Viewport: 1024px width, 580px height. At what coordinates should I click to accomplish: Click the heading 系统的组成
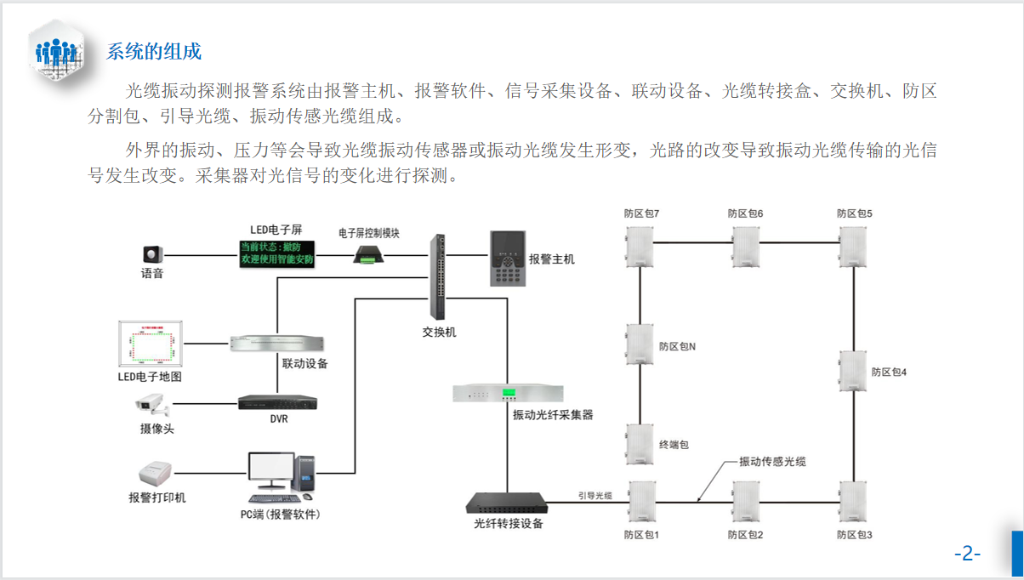[154, 51]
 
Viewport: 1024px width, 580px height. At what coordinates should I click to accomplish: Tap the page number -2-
[967, 554]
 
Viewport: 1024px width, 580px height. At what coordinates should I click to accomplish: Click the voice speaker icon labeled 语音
[152, 254]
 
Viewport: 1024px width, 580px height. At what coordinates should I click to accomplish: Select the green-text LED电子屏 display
[276, 253]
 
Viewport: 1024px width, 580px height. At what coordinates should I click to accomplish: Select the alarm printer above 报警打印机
[156, 472]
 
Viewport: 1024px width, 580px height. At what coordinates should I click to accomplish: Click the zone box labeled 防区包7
[640, 248]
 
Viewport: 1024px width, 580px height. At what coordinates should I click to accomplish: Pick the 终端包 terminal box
[640, 444]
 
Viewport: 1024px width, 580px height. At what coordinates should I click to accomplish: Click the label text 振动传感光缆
[771, 462]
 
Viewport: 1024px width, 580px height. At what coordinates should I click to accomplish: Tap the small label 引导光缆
[595, 495]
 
